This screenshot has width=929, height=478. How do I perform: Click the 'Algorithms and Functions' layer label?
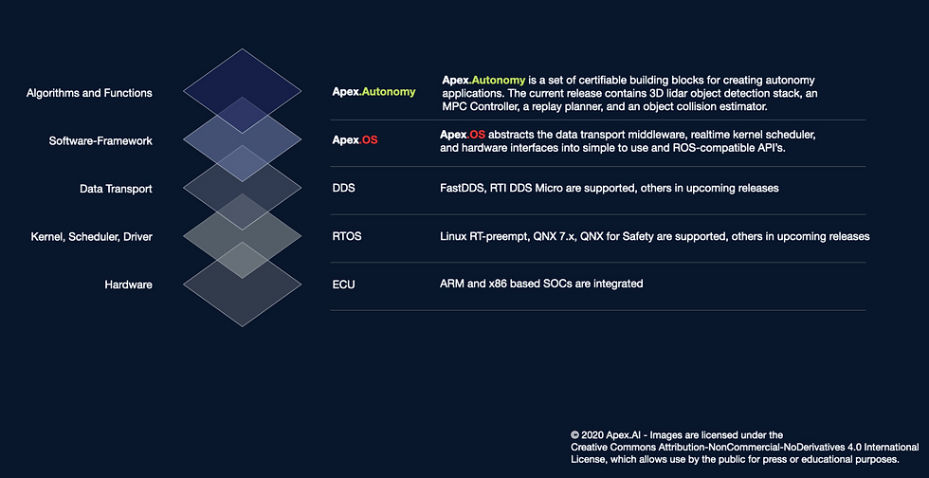90,93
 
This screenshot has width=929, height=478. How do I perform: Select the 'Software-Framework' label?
100,141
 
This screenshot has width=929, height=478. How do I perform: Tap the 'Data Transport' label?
116,189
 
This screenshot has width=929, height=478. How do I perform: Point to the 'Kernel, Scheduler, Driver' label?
91,236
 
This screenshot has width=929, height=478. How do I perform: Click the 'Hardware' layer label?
128,284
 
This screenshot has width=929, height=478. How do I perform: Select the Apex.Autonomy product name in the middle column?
373,92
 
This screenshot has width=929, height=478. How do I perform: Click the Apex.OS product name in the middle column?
355,140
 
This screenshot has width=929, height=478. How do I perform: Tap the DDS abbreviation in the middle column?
344,189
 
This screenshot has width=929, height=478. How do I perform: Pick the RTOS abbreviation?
347,236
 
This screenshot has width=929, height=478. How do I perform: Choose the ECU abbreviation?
344,284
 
